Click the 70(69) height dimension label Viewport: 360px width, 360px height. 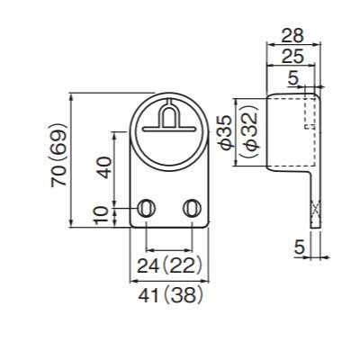(58, 155)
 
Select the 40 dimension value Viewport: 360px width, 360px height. (104, 167)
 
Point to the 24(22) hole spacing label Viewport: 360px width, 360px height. (168, 265)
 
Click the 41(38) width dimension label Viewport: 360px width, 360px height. (170, 295)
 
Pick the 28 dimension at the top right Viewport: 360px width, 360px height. (292, 36)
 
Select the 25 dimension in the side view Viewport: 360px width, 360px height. (292, 56)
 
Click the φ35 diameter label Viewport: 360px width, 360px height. (226, 132)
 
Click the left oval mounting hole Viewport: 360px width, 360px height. (146, 208)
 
